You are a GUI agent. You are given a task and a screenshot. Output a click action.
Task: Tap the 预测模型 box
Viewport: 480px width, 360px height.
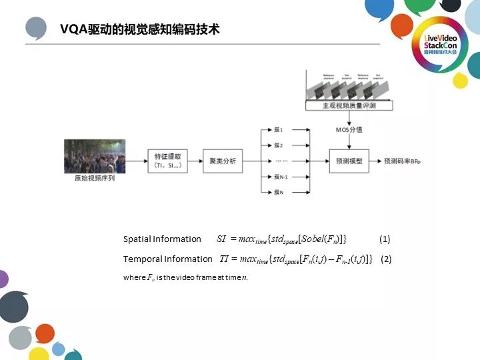(x=350, y=161)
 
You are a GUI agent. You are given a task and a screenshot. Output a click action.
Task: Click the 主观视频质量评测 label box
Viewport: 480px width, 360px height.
(x=349, y=106)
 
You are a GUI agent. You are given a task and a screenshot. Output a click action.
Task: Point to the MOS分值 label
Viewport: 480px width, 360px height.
(x=349, y=129)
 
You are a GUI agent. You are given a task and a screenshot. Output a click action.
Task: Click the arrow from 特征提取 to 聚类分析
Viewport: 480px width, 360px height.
(x=195, y=161)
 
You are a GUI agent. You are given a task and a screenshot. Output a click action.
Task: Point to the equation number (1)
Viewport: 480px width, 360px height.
(x=385, y=239)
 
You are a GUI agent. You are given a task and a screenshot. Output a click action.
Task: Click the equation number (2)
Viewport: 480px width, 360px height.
(x=386, y=259)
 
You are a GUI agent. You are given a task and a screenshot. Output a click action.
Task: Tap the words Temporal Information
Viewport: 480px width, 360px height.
(x=167, y=259)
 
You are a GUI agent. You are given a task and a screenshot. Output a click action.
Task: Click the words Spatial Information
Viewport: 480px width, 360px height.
(x=162, y=239)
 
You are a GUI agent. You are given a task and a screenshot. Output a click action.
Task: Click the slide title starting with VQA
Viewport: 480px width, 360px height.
(x=140, y=30)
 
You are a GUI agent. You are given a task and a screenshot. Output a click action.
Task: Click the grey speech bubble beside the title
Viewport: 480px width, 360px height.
(x=37, y=29)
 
